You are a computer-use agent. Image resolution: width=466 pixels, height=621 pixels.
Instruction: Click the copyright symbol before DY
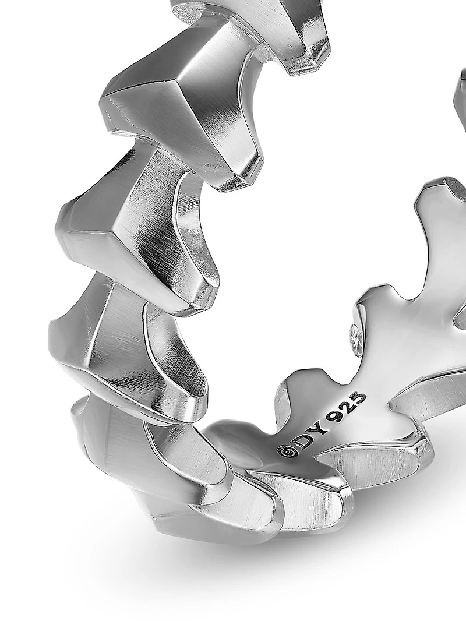[286, 451]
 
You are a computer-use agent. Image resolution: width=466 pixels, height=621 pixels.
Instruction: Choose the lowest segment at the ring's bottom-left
[146, 466]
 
